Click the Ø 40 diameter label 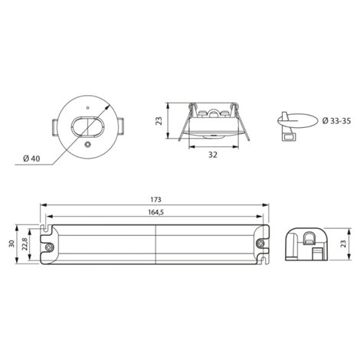(31, 159)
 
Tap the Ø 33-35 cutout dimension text (336, 121)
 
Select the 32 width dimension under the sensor (213, 155)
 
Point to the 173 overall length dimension (155, 200)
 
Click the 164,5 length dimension (155, 212)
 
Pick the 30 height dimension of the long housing (11, 244)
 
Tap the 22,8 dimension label (25, 244)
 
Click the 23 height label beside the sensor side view (159, 121)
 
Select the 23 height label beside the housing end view (343, 244)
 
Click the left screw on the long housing (49, 247)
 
